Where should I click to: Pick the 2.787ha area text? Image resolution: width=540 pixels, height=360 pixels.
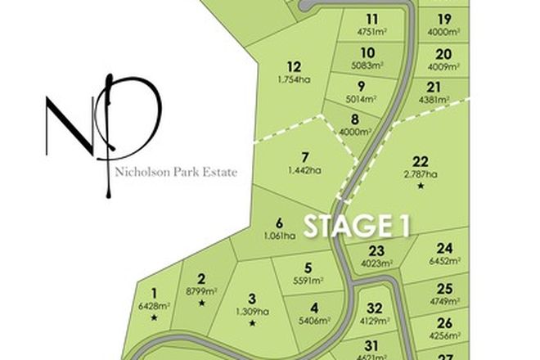click(421, 173)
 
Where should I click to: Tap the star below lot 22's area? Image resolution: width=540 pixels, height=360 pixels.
click(421, 187)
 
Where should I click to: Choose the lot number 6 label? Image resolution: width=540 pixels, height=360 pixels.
click(279, 223)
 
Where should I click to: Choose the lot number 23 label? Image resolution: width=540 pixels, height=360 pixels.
click(376, 251)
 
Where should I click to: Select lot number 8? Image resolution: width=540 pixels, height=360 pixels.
click(354, 119)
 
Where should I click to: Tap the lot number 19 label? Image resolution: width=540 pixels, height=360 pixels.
click(444, 19)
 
